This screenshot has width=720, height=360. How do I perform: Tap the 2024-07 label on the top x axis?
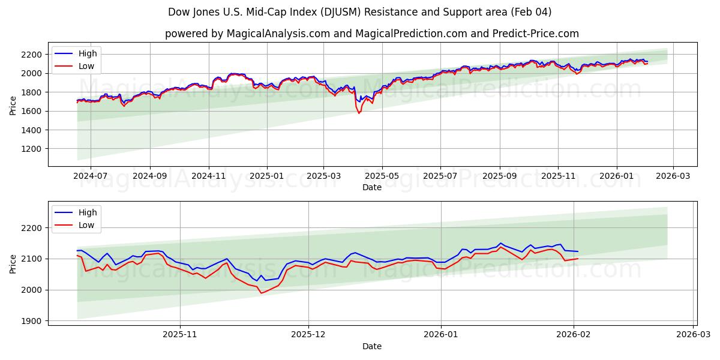pyautogui.click(x=91, y=176)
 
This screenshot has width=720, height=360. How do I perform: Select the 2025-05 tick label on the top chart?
pyautogui.click(x=382, y=176)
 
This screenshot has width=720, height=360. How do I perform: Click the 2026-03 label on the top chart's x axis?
pyautogui.click(x=673, y=176)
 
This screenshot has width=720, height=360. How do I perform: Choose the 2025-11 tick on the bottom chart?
pyautogui.click(x=180, y=335)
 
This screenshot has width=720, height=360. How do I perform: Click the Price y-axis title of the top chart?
pyautogui.click(x=13, y=105)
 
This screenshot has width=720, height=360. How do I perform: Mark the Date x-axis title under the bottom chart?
pyautogui.click(x=372, y=346)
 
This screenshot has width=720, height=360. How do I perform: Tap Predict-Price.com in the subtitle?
pyautogui.click(x=536, y=34)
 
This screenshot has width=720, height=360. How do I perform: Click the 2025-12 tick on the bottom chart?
pyautogui.click(x=308, y=335)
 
